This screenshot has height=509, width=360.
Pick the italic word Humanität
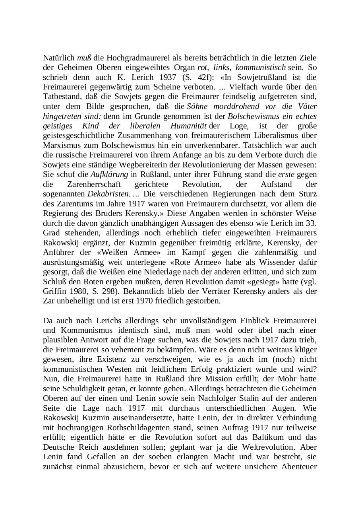coord(189,126)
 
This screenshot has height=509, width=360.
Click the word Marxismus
coord(61,146)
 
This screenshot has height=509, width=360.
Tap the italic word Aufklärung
coord(109,175)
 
